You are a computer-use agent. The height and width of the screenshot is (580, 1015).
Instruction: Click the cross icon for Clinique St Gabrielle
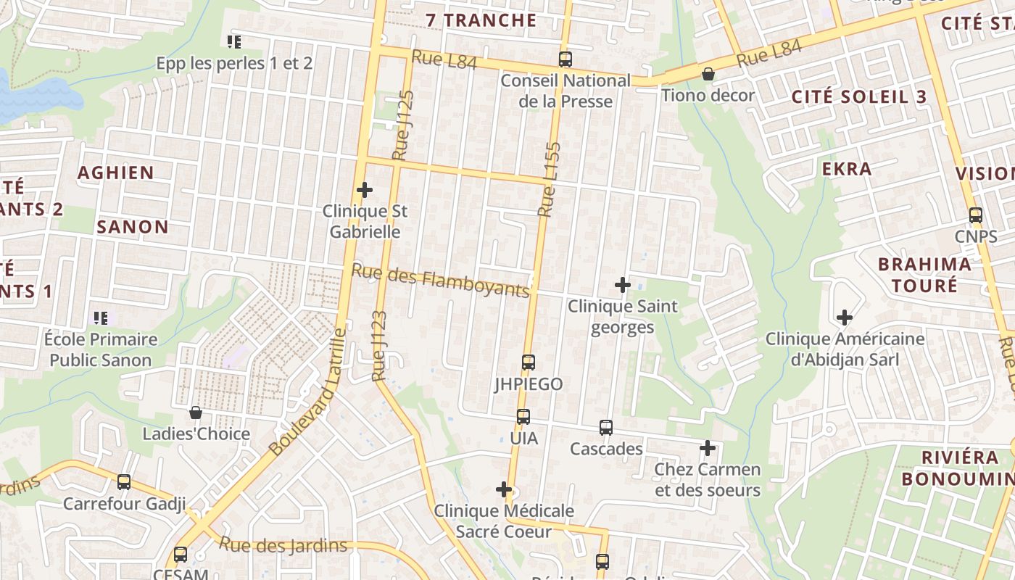point(365,191)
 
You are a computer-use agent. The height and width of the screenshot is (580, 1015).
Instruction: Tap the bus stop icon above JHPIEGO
point(529,362)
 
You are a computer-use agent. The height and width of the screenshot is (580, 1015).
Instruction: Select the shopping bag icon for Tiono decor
point(708,74)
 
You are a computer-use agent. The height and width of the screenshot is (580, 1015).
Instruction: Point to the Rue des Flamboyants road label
point(441,281)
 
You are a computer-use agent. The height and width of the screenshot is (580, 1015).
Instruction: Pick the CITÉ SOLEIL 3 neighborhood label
point(859,96)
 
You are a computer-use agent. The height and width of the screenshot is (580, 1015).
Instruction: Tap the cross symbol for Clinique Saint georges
point(623,285)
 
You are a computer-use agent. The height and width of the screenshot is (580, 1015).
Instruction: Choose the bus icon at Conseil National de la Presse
point(565,59)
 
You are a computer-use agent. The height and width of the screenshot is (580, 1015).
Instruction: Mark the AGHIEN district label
point(116,173)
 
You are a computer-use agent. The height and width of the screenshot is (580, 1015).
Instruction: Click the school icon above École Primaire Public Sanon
point(101,318)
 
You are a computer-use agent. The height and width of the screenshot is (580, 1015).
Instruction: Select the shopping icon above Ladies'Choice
point(196,413)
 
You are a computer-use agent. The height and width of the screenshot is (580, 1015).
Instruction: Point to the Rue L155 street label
point(550,179)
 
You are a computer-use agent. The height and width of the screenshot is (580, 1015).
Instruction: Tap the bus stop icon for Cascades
point(606,428)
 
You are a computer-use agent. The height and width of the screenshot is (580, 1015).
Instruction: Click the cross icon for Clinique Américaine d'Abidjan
point(845,318)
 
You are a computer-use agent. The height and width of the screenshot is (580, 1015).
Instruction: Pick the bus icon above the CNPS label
point(976,215)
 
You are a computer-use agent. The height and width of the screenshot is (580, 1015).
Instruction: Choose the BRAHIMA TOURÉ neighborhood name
point(924,274)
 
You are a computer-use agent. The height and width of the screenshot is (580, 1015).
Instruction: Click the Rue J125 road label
point(403,125)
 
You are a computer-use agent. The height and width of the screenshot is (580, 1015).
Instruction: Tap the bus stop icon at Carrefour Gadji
point(124,482)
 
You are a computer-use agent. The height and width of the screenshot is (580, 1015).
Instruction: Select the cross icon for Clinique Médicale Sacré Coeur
point(504,490)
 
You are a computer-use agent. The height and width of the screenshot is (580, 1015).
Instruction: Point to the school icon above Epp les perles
point(234,42)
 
